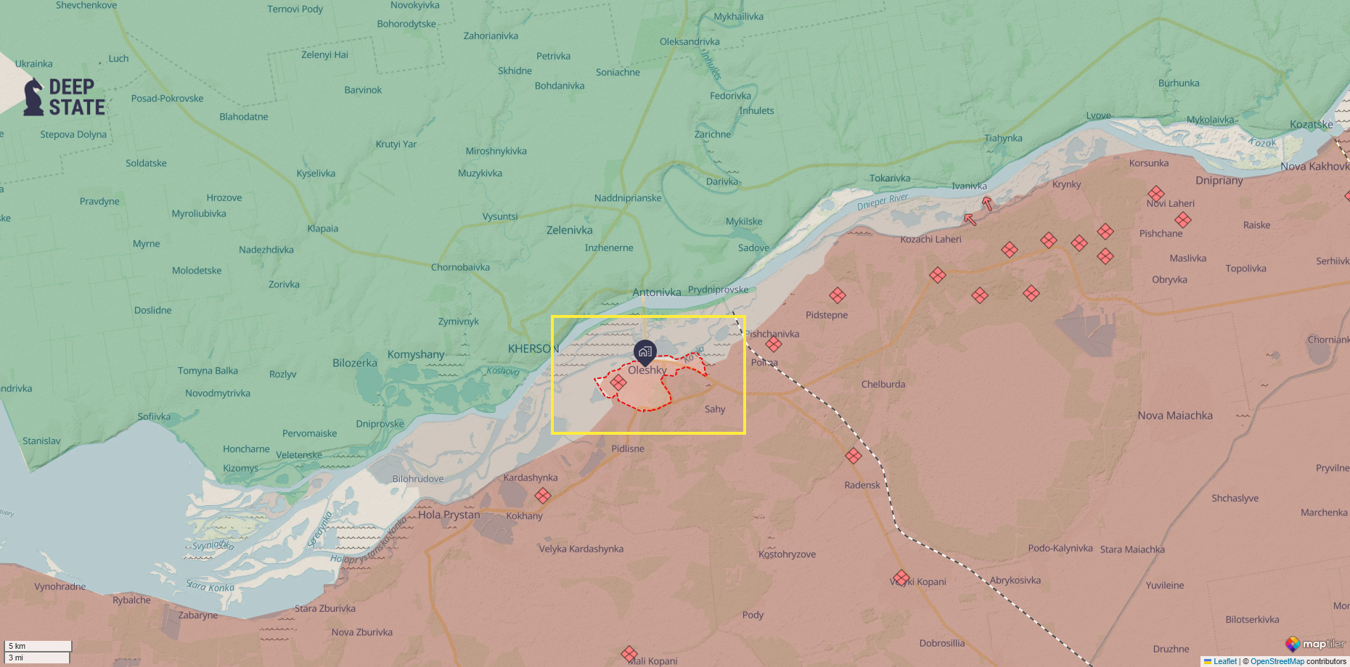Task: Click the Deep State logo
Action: point(65,97)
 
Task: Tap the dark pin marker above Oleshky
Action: point(645,352)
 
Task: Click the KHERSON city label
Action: point(533,348)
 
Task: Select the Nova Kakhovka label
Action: point(1314,166)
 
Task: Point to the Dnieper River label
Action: point(882,201)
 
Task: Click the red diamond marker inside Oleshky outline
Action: point(618,382)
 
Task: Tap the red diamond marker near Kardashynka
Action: point(542,496)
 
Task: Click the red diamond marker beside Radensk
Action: point(854,456)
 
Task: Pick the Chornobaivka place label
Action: point(460,267)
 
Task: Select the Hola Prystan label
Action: point(449,515)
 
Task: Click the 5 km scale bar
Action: point(38,646)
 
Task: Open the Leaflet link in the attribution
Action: point(1224,661)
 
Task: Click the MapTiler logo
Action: point(1314,644)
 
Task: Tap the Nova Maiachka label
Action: point(1174,415)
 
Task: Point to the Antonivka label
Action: point(656,292)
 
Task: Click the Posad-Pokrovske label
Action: point(167,98)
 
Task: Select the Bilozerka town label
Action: point(354,363)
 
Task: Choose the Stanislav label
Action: point(41,441)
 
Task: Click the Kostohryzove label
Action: point(787,554)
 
